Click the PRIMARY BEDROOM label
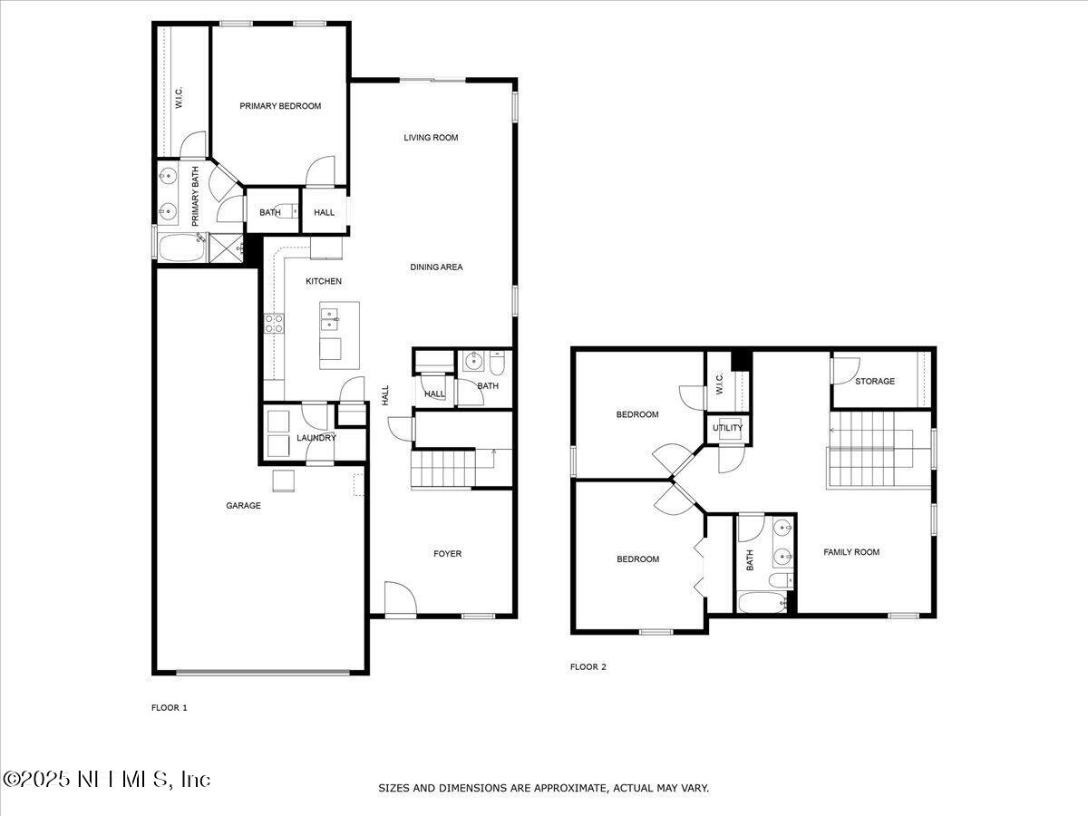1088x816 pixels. click(x=280, y=106)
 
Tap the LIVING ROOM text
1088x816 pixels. click(x=431, y=138)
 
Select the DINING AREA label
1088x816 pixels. click(x=436, y=267)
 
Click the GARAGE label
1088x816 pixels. click(x=243, y=505)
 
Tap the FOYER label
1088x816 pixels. click(x=447, y=553)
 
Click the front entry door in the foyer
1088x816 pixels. click(x=398, y=601)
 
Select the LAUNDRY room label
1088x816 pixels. click(x=316, y=438)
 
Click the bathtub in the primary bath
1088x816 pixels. click(x=181, y=248)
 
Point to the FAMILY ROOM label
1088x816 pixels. click(x=850, y=551)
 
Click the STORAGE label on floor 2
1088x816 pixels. click(x=875, y=381)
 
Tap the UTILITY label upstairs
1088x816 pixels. click(x=727, y=428)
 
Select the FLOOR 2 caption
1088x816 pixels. click(x=588, y=666)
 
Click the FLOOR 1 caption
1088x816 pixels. click(x=169, y=707)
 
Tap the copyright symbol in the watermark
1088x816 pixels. click(x=13, y=780)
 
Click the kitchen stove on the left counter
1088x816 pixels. click(x=273, y=324)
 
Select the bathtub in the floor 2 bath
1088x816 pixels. click(x=762, y=602)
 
